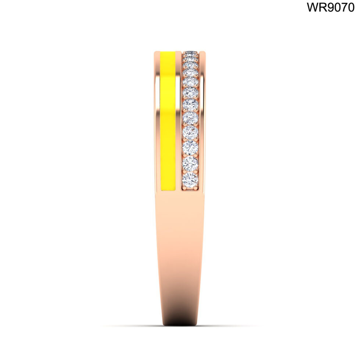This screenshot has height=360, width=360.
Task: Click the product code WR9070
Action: point(331,7)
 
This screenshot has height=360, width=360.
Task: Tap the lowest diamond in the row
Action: point(190,180)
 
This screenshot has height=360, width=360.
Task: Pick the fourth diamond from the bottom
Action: point(190,132)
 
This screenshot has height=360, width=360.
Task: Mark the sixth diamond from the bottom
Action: point(190,104)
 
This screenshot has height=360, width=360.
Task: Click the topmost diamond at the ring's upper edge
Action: point(190,53)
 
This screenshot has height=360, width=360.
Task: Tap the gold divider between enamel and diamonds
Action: point(179,121)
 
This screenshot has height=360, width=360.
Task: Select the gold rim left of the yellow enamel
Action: point(157,121)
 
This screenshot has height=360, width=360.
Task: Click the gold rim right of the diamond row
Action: point(202,121)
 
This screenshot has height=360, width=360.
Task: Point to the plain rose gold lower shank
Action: point(180,257)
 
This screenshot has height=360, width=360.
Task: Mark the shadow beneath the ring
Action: point(180,325)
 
